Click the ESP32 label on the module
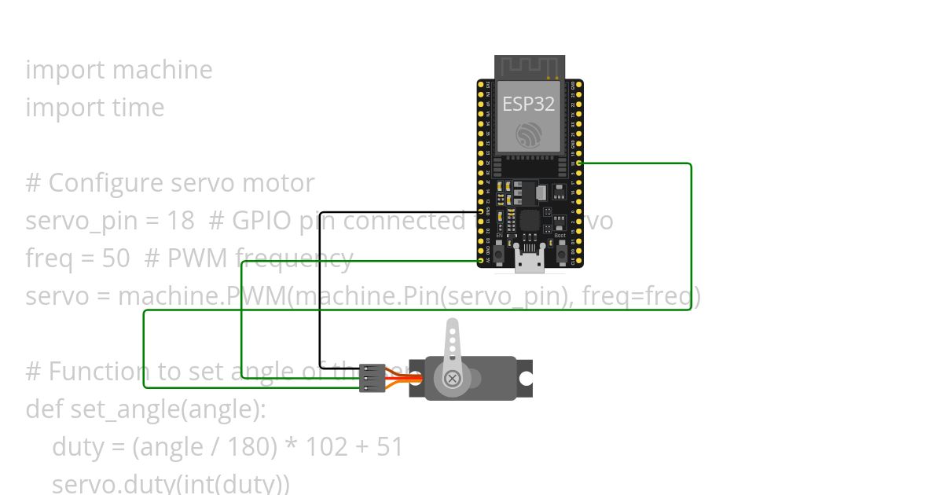tap(529, 104)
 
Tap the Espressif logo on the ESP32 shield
tap(530, 134)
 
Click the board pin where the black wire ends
tap(480, 211)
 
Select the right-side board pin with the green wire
tap(579, 163)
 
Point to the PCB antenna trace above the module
tap(530, 66)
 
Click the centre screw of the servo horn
tap(453, 379)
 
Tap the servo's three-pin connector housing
tap(372, 378)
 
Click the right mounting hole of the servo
tap(525, 379)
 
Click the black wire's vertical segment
tap(320, 283)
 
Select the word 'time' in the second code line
tap(138, 108)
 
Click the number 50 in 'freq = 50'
tap(116, 258)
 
